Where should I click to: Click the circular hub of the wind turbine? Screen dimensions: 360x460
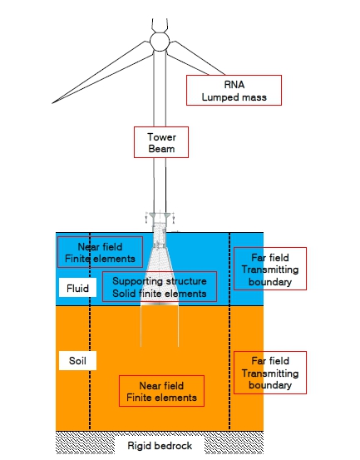(160, 42)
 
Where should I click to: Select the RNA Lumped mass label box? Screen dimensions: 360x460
(234, 90)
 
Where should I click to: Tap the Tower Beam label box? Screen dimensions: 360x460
(161, 142)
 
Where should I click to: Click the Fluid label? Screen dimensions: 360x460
(77, 288)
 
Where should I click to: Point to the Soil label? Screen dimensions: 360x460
(77, 360)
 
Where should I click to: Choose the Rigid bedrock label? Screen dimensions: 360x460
(160, 446)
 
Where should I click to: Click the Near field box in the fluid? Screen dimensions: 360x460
(100, 252)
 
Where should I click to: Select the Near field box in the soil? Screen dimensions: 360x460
(161, 391)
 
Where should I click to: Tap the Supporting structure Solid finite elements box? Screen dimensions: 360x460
(160, 287)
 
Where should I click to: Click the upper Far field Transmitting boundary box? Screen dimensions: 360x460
(270, 269)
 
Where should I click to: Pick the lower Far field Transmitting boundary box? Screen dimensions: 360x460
(270, 373)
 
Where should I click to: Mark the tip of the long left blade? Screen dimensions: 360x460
(52, 103)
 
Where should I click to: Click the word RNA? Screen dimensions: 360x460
(234, 85)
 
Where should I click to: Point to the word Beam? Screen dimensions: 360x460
(161, 149)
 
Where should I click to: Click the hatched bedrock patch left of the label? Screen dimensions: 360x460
(85, 443)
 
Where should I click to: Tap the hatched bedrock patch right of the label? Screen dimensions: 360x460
(234, 443)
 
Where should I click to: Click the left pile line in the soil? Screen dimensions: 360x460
(141, 326)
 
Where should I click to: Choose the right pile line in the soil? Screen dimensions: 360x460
(178, 326)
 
